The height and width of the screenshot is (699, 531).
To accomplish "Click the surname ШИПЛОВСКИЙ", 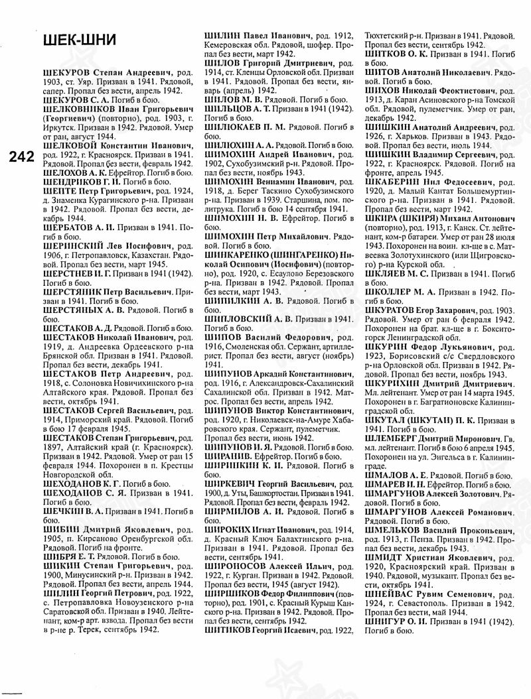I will click(x=241, y=318).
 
